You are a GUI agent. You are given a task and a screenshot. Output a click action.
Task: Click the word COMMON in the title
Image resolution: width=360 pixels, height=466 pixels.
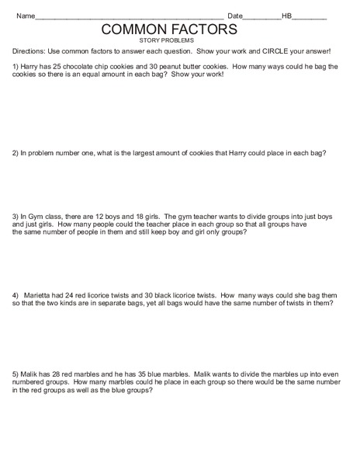[x=134, y=29]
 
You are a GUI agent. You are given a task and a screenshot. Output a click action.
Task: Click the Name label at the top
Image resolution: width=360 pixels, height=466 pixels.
[x=26, y=16]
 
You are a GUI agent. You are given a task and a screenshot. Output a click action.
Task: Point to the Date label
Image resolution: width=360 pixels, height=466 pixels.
[x=235, y=16]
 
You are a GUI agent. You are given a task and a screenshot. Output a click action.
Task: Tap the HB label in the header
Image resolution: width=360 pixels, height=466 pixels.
[x=286, y=16]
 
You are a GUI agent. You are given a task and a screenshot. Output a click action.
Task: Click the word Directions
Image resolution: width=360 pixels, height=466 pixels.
[x=29, y=51]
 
